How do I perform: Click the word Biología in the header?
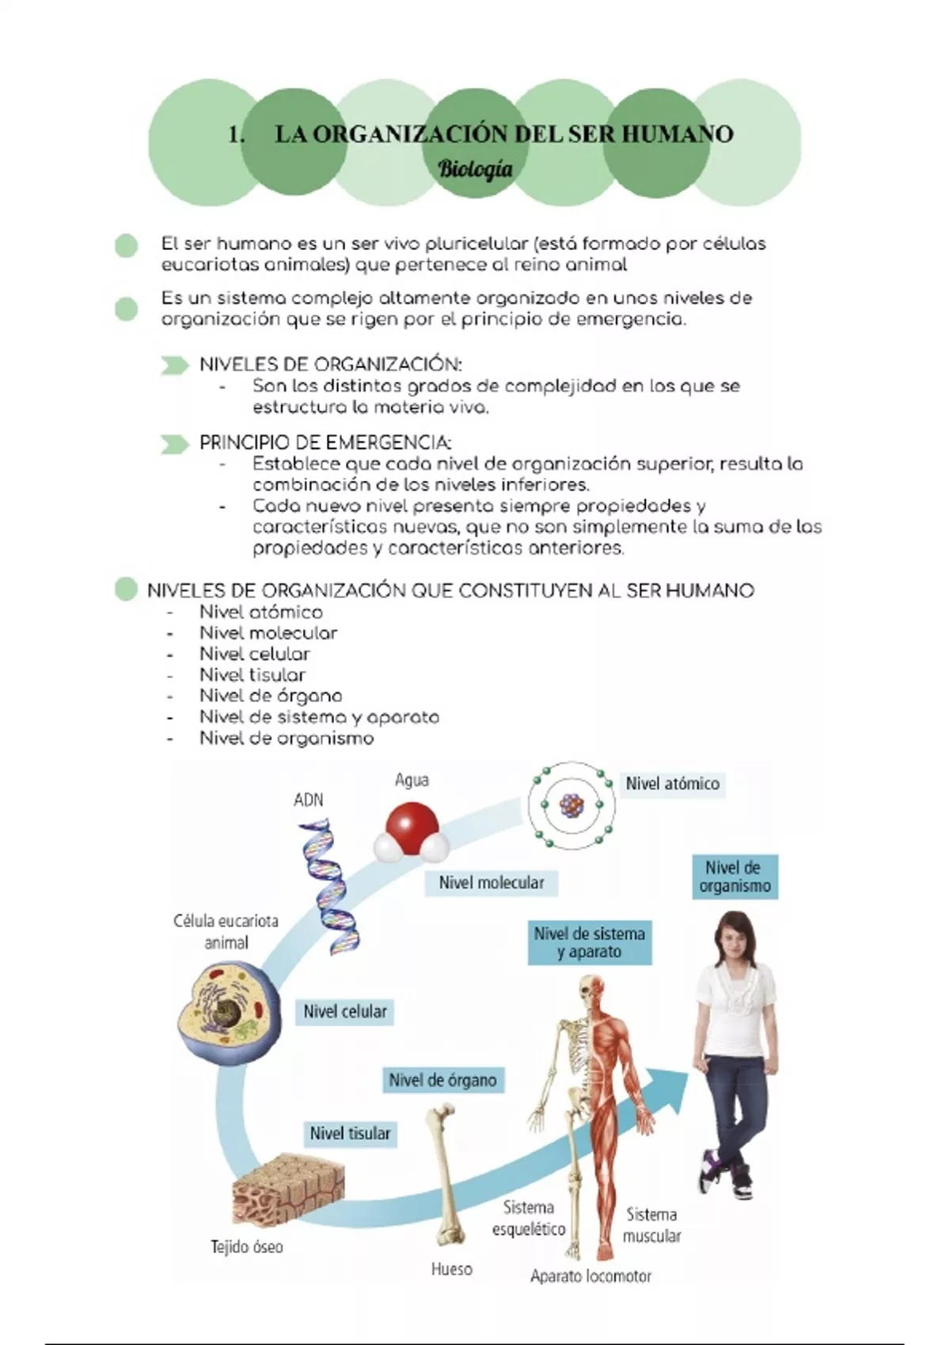pos(475,169)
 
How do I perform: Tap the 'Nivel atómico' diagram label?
pos(672,784)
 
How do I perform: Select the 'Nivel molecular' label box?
pos(492,883)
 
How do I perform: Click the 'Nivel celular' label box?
pos(345,1011)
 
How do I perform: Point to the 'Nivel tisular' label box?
pos(351,1134)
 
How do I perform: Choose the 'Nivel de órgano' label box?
pos(443,1080)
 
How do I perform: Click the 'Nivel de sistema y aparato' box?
pos(590,942)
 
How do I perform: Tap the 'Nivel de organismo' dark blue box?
pos(735,877)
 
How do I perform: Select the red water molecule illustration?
pos(411,831)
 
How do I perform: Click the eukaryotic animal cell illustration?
pos(229,1012)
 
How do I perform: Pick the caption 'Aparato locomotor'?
pos(591,1275)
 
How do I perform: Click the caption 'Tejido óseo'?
pos(246,1247)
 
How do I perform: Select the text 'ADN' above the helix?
pos(308,800)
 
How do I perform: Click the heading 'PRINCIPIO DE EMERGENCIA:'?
pos(325,442)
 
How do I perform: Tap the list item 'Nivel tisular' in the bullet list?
pos(252,675)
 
